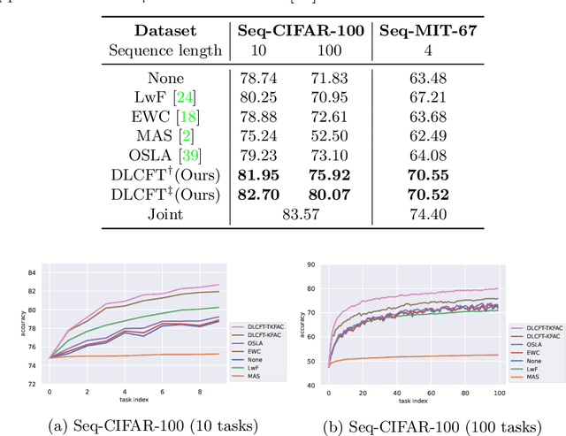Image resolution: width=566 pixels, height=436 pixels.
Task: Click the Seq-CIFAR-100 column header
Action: [x=302, y=29]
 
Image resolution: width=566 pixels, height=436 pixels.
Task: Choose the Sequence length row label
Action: [x=165, y=50]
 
